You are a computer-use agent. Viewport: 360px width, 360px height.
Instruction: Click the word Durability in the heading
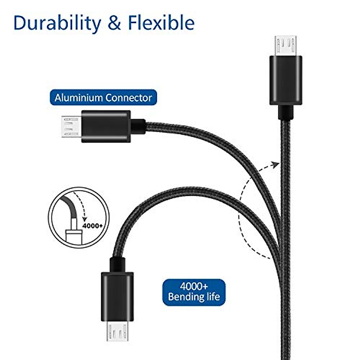coord(57,23)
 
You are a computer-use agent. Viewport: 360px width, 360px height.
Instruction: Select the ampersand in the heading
coord(114,23)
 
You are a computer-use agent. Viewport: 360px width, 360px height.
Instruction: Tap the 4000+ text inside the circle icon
coord(92,225)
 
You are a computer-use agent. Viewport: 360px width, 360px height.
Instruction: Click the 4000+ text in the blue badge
coord(194,286)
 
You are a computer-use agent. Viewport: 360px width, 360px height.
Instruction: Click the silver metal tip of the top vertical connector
coord(285,46)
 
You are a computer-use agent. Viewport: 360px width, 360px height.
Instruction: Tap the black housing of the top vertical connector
coord(285,80)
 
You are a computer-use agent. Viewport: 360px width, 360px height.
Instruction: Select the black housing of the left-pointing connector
coord(106,126)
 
